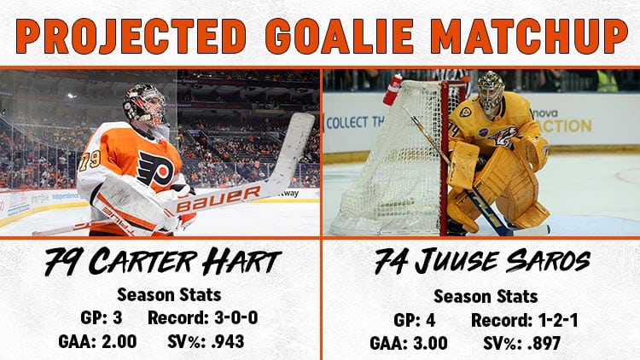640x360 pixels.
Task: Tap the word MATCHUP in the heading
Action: [x=529, y=36]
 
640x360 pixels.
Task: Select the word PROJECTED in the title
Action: [x=131, y=36]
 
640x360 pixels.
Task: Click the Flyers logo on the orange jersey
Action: [x=155, y=168]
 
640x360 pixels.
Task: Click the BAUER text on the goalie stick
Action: [x=218, y=199]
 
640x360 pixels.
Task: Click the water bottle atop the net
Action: [x=393, y=90]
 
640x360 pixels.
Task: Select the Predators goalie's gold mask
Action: [x=491, y=93]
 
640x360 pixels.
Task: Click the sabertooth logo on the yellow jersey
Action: [x=503, y=137]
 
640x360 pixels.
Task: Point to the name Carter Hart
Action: [x=185, y=262]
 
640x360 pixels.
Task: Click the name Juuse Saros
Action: [x=503, y=261]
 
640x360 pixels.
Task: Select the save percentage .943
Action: [x=228, y=341]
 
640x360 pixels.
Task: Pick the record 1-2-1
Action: [x=558, y=321]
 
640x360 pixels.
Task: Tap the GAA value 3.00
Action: [x=428, y=343]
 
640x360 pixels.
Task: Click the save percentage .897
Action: [x=544, y=343]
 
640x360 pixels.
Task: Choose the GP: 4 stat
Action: [x=414, y=321]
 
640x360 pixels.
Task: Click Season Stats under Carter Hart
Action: [x=169, y=294]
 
